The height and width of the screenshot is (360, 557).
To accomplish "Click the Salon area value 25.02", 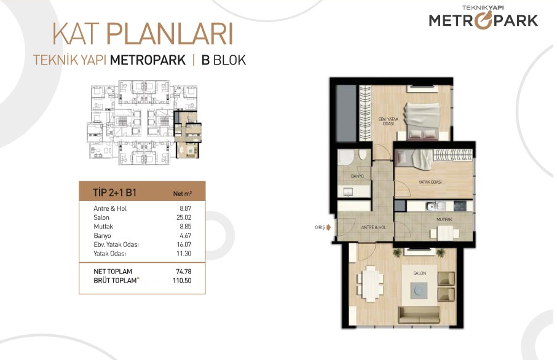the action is click(x=184, y=217).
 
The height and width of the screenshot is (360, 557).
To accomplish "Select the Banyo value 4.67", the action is click(x=186, y=235).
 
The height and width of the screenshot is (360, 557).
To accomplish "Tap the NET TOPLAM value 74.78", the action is click(x=184, y=272).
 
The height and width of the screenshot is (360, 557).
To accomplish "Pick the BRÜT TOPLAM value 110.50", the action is click(x=182, y=281).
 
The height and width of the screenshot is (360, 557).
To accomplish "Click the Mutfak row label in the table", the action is click(x=103, y=227).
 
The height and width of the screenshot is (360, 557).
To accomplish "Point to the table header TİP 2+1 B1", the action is click(x=115, y=193).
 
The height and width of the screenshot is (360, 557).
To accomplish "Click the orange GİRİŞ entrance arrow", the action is click(x=328, y=227).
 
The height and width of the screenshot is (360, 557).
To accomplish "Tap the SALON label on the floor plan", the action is click(x=419, y=273).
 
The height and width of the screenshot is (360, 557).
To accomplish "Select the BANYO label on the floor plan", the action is click(x=357, y=176).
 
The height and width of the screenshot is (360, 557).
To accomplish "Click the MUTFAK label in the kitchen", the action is click(x=444, y=219).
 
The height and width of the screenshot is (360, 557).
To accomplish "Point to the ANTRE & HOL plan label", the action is click(x=373, y=227).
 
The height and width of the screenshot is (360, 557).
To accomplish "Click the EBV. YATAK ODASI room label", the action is click(x=389, y=122).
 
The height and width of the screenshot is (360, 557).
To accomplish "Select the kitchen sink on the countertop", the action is click(x=436, y=206).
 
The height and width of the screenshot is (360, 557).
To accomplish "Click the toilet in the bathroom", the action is click(x=363, y=154).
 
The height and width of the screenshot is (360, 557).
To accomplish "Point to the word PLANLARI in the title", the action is click(x=170, y=34).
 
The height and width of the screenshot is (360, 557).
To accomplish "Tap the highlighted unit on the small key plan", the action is click(x=188, y=135).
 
